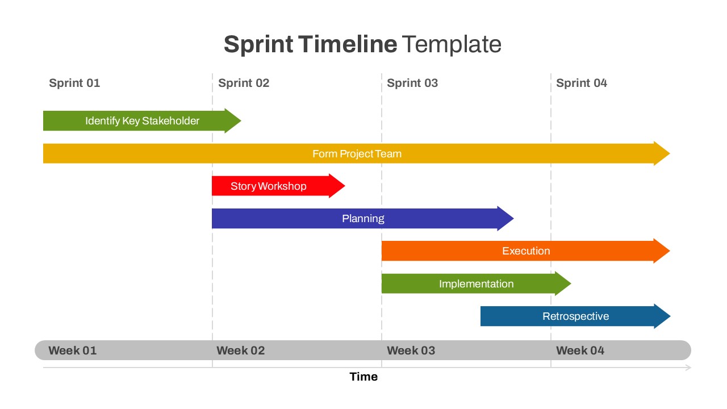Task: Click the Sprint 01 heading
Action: (74, 83)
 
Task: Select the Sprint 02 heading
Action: (244, 83)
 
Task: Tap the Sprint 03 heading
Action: (412, 83)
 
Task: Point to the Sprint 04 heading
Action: (582, 83)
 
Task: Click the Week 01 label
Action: (73, 350)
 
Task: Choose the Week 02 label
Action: (241, 350)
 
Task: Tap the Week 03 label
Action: (411, 350)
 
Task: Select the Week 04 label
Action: (580, 350)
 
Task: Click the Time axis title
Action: (363, 377)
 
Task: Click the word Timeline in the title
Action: (348, 44)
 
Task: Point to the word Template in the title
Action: (452, 44)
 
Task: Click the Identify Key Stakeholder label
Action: (142, 121)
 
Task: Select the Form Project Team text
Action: (357, 154)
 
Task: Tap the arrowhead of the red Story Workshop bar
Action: (337, 186)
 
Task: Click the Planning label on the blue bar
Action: (363, 219)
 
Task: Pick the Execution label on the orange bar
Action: (526, 251)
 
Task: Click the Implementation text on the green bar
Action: (476, 284)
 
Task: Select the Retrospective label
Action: (575, 316)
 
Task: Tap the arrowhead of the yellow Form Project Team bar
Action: (662, 153)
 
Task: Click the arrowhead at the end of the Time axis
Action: (688, 368)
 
